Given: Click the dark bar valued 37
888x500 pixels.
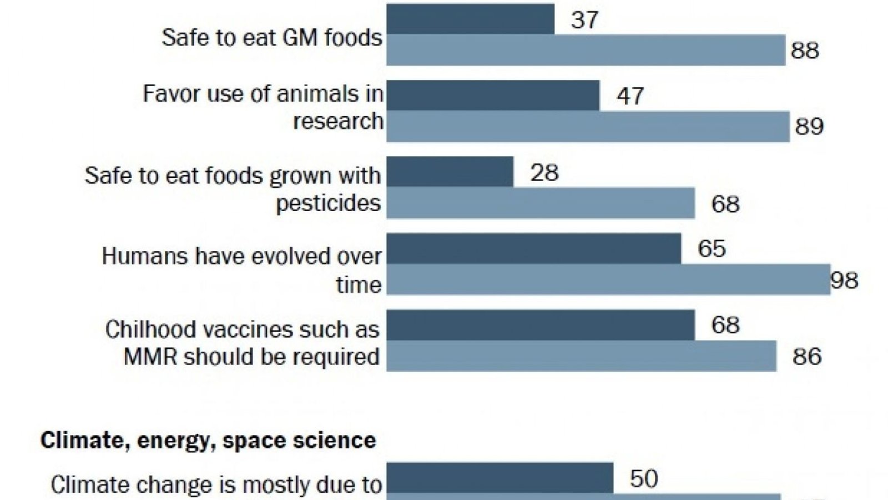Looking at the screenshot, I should tap(470, 19).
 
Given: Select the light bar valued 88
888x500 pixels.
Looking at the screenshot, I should tap(586, 50).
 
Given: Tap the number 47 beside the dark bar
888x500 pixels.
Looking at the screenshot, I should tap(630, 96).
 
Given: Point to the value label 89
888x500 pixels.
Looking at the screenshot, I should tap(809, 127).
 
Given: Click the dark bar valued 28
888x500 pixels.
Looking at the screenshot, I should tap(450, 172).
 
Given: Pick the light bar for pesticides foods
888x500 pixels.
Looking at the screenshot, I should tap(540, 203).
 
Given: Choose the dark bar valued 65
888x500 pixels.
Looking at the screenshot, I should tap(533, 248).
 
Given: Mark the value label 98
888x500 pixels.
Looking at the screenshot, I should tap(844, 280).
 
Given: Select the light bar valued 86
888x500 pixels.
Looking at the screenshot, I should tap(581, 356).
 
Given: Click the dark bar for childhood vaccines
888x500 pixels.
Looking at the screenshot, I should tap(540, 324).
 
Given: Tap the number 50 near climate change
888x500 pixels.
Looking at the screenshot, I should tap(644, 478).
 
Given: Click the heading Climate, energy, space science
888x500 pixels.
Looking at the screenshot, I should tap(208, 441).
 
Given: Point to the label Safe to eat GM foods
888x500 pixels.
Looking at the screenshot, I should tap(272, 38).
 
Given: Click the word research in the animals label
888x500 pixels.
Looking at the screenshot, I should tap(338, 121).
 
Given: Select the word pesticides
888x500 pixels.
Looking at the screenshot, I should tap(328, 203).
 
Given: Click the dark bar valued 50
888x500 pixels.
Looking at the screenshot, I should tap(500, 478).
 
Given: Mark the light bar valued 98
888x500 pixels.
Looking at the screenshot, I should tap(608, 279).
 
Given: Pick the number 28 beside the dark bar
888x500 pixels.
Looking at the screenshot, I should tap(544, 173).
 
